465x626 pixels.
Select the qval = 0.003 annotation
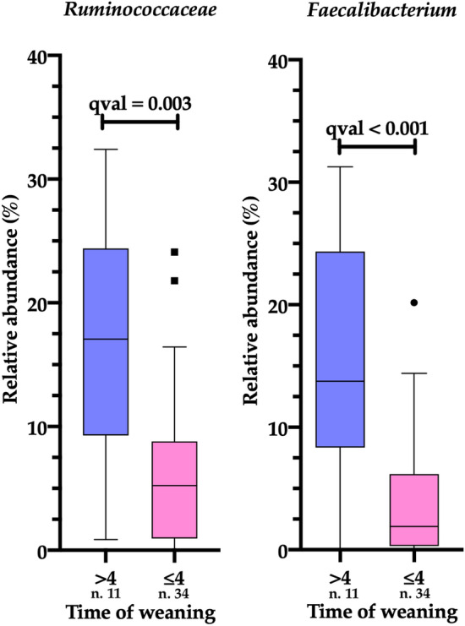139,105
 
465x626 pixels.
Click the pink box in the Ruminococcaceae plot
174,490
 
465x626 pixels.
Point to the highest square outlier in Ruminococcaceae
175,252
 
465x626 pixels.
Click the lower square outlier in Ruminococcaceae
175,280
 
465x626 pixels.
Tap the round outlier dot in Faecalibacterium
415,302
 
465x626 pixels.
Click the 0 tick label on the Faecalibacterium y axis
281,550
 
